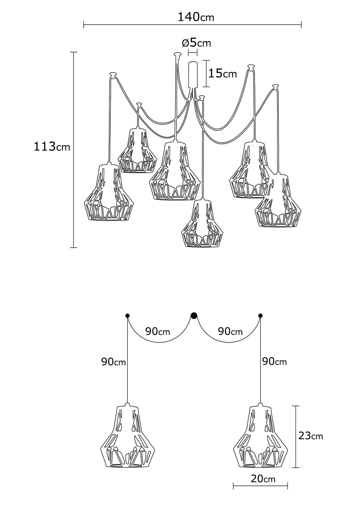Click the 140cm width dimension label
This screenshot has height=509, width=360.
pos(196,17)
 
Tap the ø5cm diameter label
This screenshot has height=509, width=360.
pos(196,43)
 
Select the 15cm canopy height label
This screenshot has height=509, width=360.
pos(223,73)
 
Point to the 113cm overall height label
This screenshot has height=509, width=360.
pos(52,146)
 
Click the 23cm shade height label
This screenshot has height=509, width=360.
pos(310,436)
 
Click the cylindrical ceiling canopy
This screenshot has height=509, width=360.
pos(193,74)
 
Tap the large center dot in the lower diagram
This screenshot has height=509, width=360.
pos(194,315)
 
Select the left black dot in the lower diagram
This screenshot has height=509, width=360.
pos(127,315)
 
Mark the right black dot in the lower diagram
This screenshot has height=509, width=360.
pos(261,315)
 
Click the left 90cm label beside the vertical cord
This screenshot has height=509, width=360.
pos(114,362)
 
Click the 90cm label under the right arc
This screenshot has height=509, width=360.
pos(230,331)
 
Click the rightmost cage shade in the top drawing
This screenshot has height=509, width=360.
pos(279,201)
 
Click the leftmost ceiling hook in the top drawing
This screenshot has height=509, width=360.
pos(113,74)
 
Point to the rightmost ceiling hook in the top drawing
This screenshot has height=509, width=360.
pos(275,86)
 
